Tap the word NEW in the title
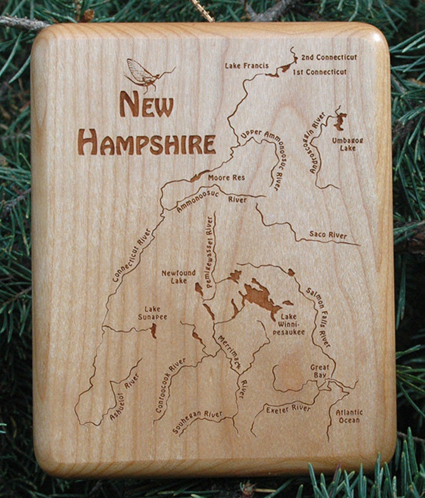[146, 105]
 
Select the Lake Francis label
[247, 66]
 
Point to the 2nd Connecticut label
[329, 57]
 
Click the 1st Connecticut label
[320, 72]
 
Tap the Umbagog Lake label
[347, 144]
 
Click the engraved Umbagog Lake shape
[340, 120]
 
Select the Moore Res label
[226, 178]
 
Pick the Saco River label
[328, 235]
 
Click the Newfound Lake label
[179, 277]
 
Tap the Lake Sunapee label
[152, 313]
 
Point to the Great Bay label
[320, 371]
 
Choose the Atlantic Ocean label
[349, 416]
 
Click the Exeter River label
[288, 409]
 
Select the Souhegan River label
[197, 421]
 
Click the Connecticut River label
[131, 255]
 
